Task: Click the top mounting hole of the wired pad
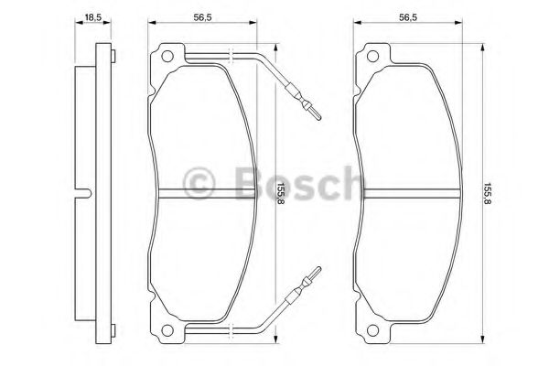tap(167, 59)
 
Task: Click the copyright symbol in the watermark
tap(199, 185)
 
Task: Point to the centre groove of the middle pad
tap(203, 192)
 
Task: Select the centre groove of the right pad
tap(407, 192)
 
